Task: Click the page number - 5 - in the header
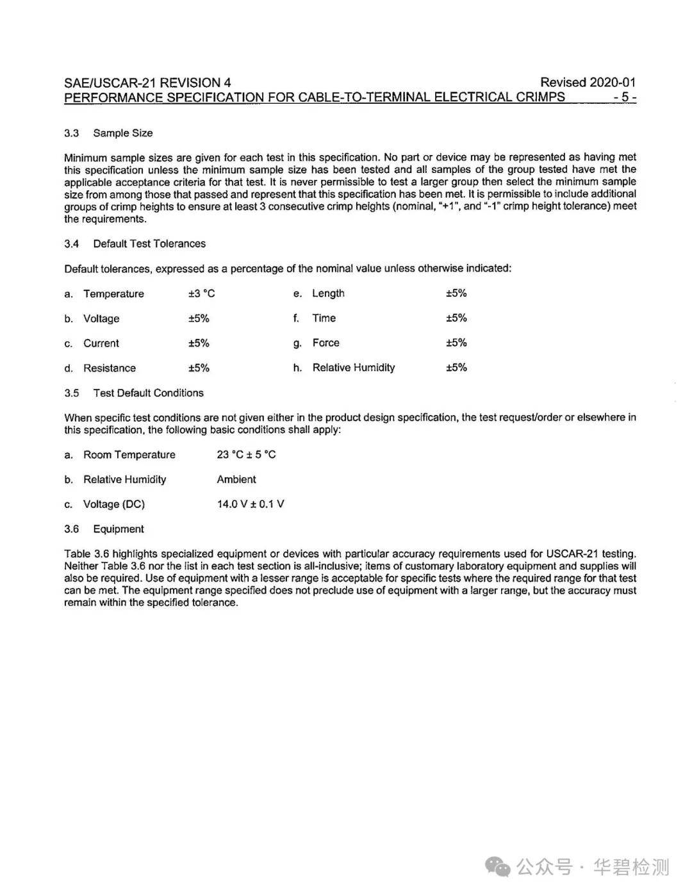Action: point(624,97)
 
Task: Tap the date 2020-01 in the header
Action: point(613,82)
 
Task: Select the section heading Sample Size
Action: point(123,133)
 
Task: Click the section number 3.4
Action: point(71,244)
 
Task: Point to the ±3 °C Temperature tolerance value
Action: point(201,293)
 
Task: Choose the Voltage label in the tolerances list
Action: point(101,318)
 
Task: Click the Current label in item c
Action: point(101,343)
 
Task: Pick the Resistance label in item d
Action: point(110,368)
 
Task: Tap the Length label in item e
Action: point(328,293)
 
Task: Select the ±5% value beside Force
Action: point(456,343)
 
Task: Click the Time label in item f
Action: point(324,318)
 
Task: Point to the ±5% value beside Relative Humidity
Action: point(456,368)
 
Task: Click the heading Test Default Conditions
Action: point(148,393)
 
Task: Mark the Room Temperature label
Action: point(129,455)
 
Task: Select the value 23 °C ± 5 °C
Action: point(246,455)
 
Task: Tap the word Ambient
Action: point(236,479)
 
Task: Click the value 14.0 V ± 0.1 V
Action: point(251,504)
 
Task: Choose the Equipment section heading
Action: point(119,529)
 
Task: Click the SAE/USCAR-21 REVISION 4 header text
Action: point(147,83)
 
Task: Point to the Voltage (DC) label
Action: point(114,504)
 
